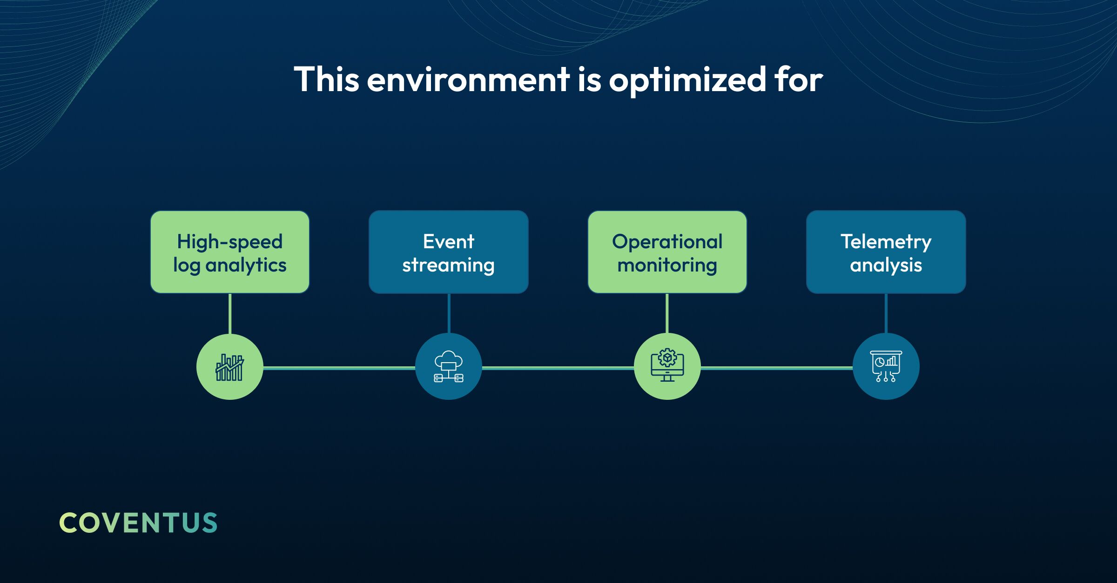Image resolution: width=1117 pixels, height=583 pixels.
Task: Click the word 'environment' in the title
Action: [x=468, y=79]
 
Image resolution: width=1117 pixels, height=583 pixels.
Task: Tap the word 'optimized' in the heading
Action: [x=687, y=79]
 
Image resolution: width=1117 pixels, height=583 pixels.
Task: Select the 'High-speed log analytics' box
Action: [x=230, y=252]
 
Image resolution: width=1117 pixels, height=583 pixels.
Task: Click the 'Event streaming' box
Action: [x=449, y=252]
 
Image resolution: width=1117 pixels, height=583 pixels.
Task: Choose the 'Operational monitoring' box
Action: [x=667, y=252]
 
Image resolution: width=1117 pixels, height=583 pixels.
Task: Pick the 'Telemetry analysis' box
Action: [x=886, y=252]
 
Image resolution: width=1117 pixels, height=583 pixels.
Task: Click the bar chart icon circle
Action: [x=230, y=367]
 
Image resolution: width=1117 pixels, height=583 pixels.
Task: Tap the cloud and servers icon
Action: [x=449, y=367]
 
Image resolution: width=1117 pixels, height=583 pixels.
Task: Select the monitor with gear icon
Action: [x=667, y=365]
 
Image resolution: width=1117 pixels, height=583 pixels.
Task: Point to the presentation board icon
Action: [x=886, y=366]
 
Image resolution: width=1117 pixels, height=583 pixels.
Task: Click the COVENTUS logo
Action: [x=138, y=523]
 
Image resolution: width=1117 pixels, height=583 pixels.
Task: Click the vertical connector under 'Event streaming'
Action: [x=449, y=313]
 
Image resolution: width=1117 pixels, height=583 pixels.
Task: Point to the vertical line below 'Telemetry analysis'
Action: [x=886, y=313]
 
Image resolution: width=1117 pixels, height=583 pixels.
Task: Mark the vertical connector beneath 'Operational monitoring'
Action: [x=667, y=313]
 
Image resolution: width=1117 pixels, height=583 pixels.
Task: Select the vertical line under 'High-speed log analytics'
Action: [x=230, y=313]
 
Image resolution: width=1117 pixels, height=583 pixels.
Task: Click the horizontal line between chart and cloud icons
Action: [x=339, y=368]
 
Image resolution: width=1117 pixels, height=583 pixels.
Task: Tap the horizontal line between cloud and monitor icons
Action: [x=558, y=368]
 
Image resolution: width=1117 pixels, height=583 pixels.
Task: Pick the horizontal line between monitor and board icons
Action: [x=777, y=368]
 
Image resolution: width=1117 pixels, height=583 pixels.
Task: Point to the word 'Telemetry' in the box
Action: [x=886, y=242]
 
